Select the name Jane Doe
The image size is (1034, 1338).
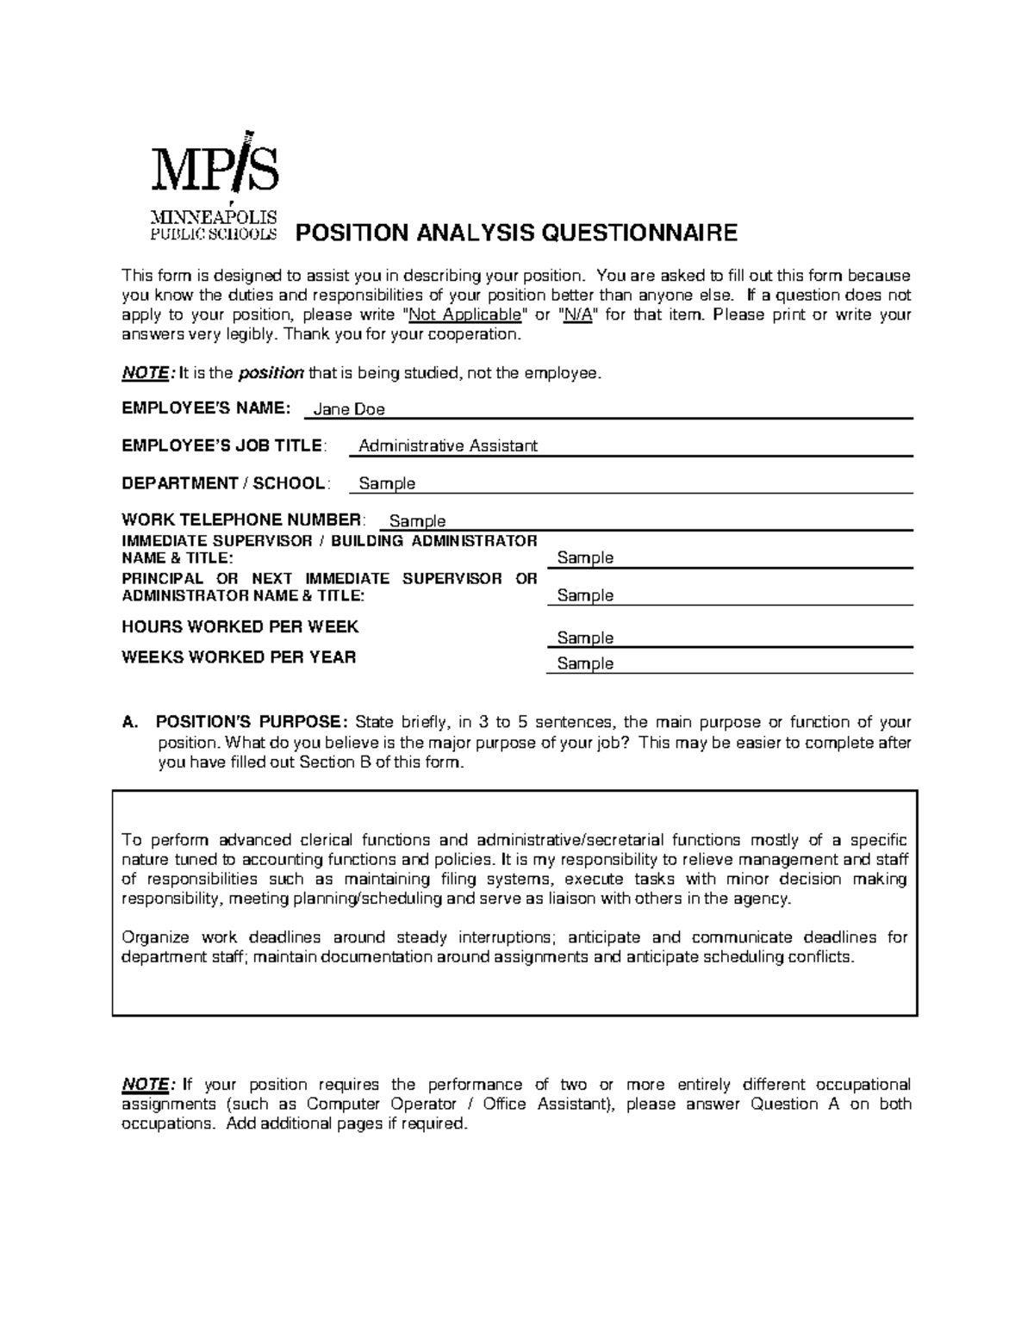coord(348,409)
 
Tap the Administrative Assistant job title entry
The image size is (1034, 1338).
coord(447,445)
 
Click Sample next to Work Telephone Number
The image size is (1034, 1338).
coord(417,521)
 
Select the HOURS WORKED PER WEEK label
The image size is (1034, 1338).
coord(240,626)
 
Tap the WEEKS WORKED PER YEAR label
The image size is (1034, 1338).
coord(239,657)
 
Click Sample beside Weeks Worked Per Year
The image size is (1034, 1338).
coord(585,663)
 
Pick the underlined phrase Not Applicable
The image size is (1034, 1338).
coord(465,314)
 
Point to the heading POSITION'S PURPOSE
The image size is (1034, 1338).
coord(251,722)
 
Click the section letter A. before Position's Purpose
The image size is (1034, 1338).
coord(130,722)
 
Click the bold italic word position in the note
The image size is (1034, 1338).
coord(271,373)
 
